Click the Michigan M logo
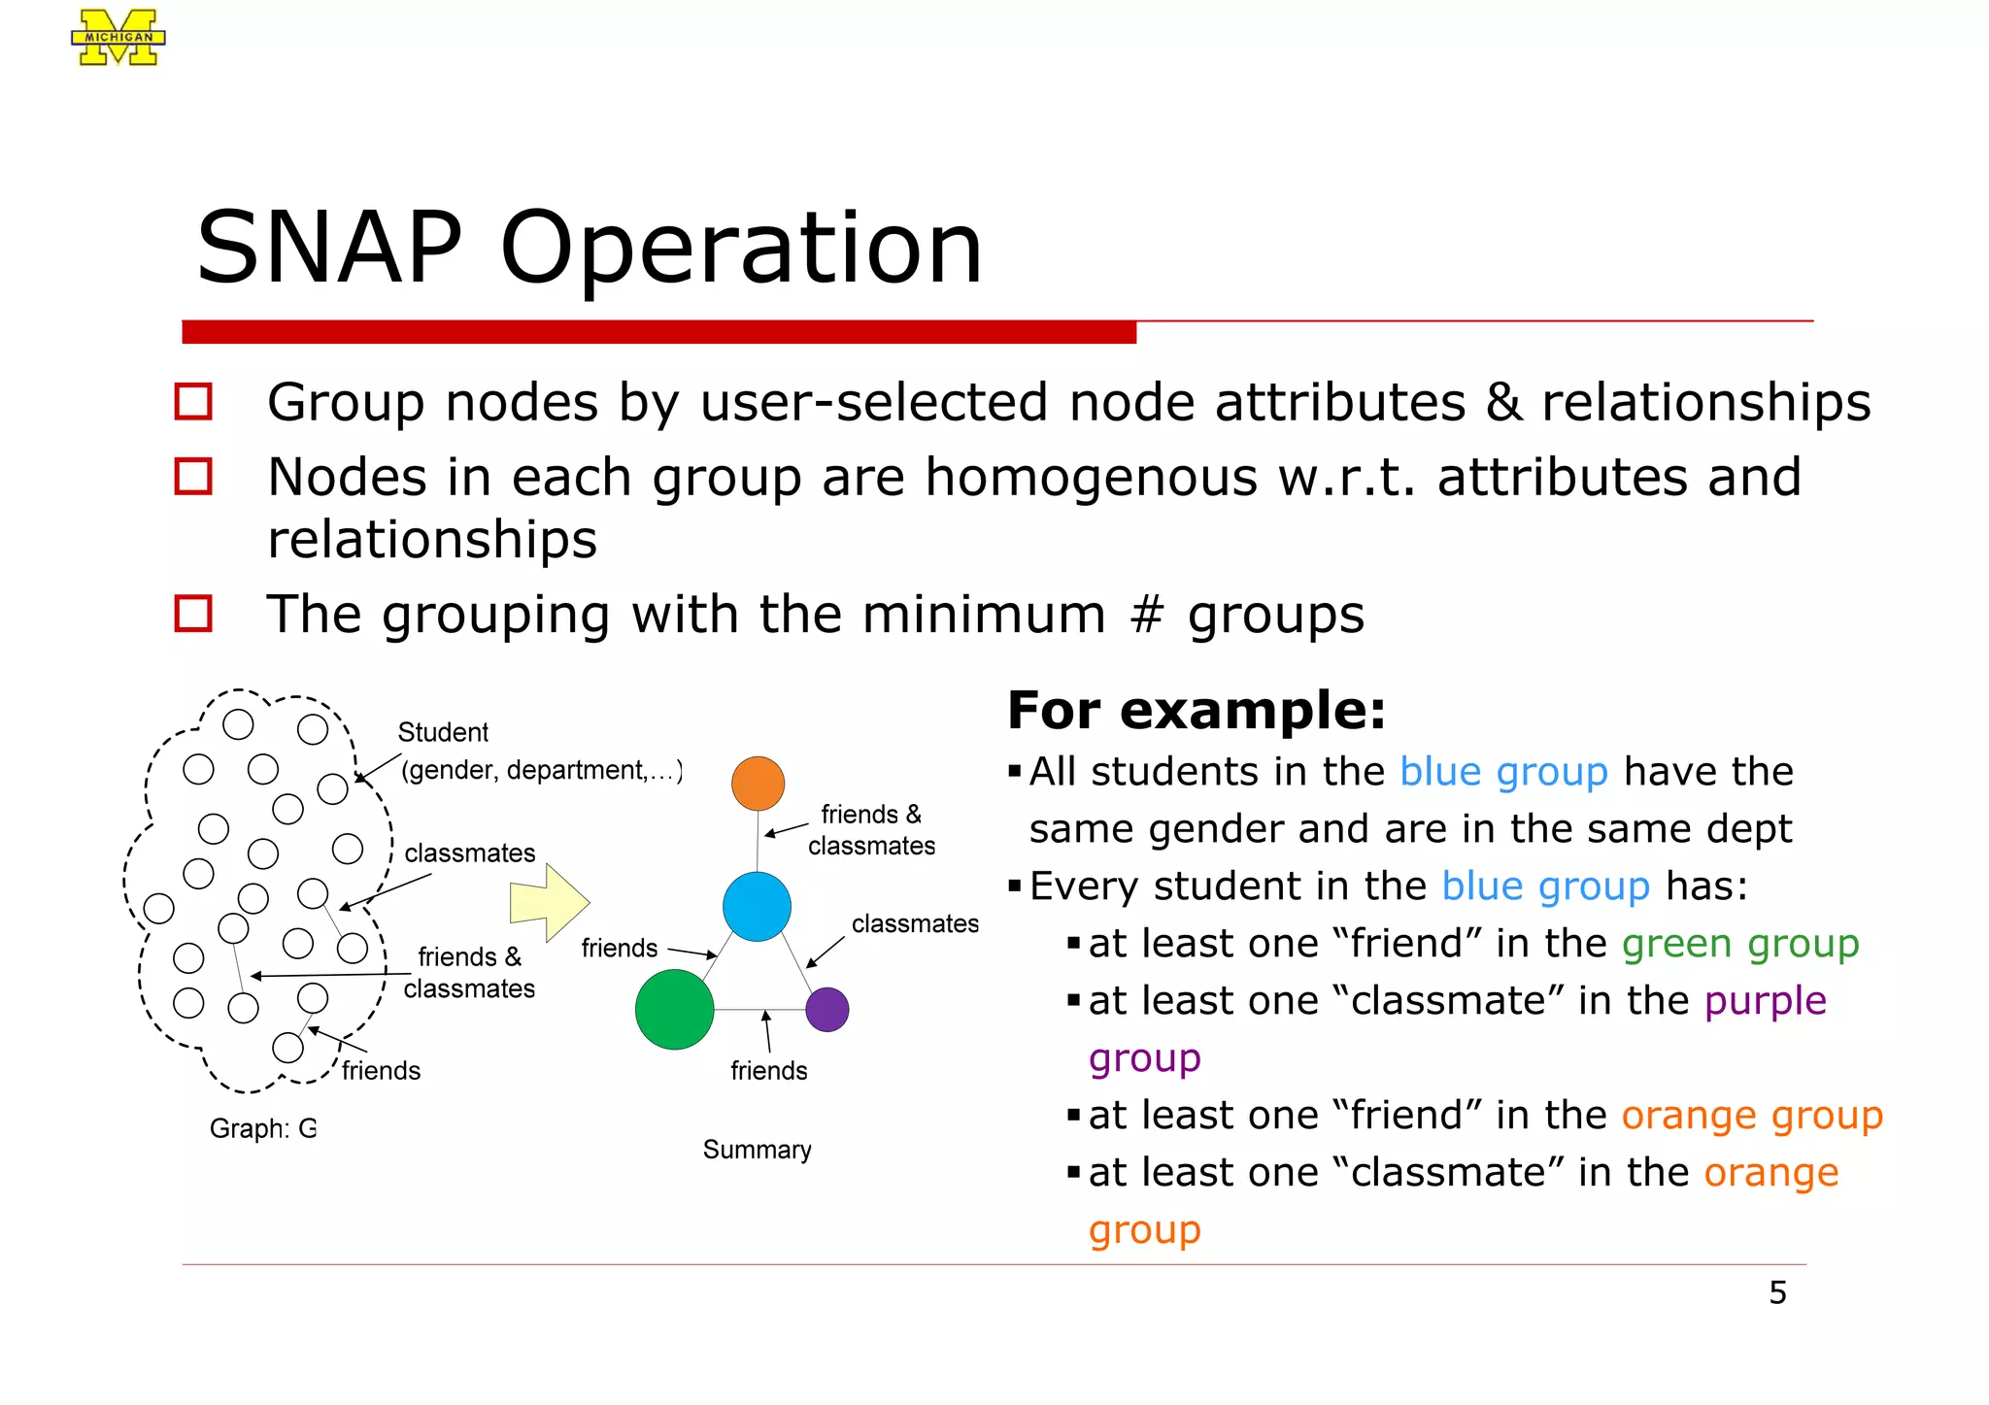[x=118, y=38]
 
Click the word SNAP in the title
[x=329, y=249]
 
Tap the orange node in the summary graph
[x=758, y=784]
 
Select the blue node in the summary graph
[x=757, y=906]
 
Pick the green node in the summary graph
[x=674, y=1009]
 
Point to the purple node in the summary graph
[x=827, y=1009]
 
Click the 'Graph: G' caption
[x=262, y=1128]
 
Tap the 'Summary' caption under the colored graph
[x=757, y=1150]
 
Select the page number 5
[x=1777, y=1293]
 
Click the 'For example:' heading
[x=1197, y=710]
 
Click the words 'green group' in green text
[x=1739, y=944]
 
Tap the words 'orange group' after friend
[x=1751, y=1116]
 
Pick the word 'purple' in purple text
[x=1765, y=1001]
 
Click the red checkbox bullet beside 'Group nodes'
[x=193, y=401]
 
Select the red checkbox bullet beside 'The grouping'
[x=193, y=614]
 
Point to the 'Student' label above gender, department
[x=443, y=732]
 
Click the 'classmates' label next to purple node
[x=915, y=923]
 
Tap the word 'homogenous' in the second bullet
[x=1090, y=478]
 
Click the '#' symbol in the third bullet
[x=1147, y=615]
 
